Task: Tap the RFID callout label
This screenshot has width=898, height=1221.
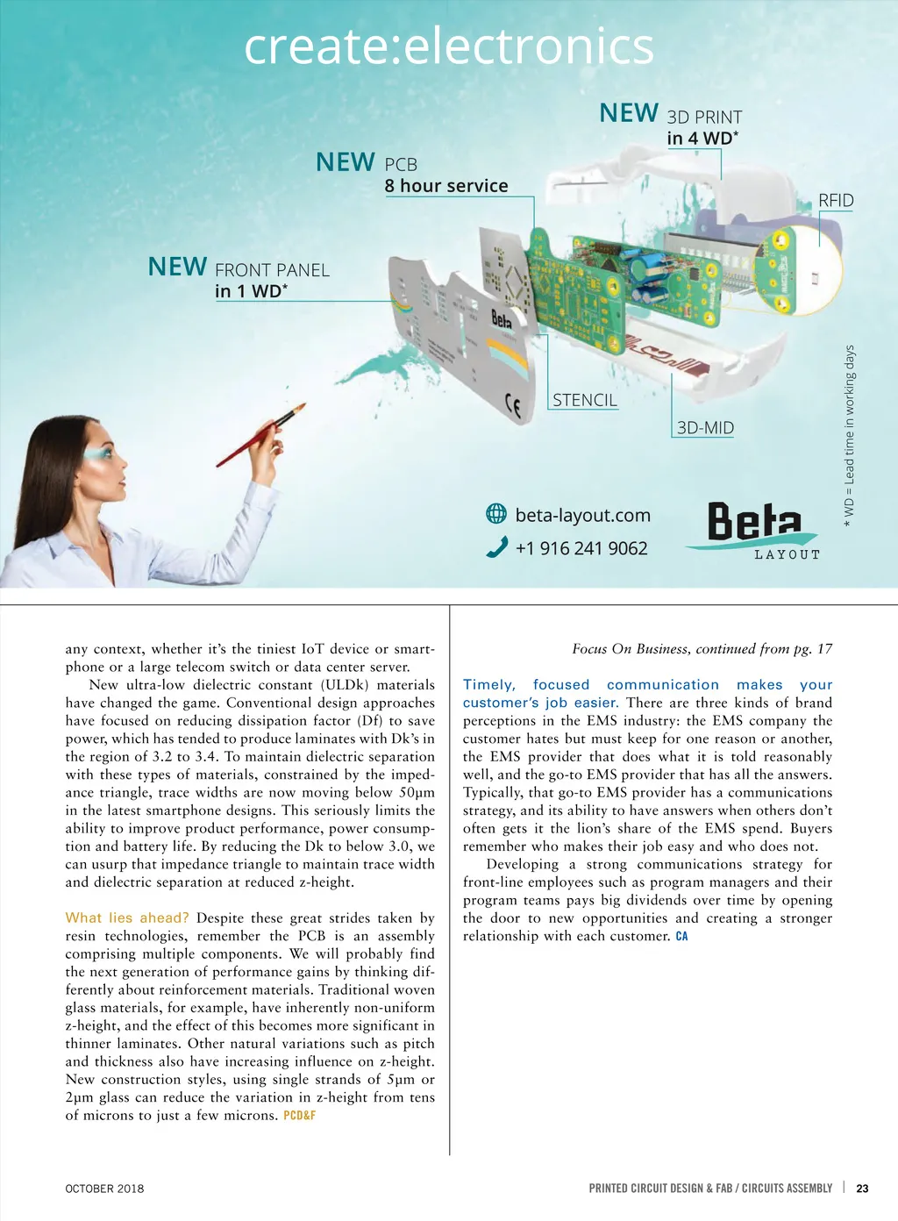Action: tap(836, 200)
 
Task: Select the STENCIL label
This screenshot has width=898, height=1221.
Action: tap(585, 400)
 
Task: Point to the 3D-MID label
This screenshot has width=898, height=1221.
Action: tap(705, 428)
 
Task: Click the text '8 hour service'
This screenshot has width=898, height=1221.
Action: tap(446, 186)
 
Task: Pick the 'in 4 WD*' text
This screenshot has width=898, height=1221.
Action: tap(702, 138)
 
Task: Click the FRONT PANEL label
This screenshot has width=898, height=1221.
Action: tap(272, 270)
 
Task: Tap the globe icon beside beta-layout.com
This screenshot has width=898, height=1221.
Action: tap(496, 514)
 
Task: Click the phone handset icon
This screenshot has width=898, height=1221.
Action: tap(496, 547)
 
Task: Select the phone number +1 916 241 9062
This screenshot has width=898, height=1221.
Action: tap(581, 548)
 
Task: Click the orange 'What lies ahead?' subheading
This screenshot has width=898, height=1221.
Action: tap(127, 918)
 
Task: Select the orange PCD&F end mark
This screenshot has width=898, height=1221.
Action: tap(299, 1116)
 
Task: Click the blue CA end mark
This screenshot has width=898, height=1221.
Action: tap(681, 937)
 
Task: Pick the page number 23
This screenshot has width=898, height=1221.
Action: tap(862, 1189)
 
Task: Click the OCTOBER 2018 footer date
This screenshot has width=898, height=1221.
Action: tap(104, 1189)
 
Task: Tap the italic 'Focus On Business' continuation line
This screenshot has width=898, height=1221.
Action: tap(702, 649)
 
